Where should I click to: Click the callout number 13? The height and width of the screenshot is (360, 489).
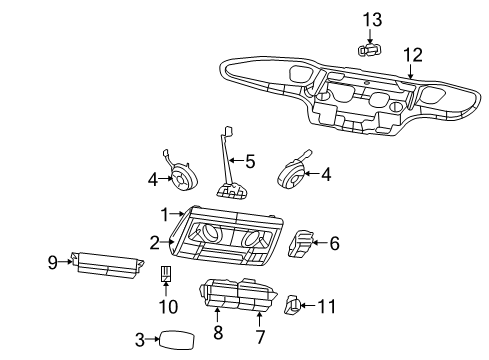click(372, 20)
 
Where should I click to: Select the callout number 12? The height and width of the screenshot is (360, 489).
click(413, 55)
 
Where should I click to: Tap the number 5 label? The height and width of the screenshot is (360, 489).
click(250, 161)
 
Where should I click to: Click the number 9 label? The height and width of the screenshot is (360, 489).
click(53, 262)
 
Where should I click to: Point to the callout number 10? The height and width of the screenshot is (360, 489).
click(168, 307)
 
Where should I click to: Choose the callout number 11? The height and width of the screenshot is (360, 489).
click(326, 306)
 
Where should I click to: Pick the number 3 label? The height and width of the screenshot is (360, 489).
click(140, 340)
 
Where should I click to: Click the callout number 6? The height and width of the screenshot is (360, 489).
click(334, 243)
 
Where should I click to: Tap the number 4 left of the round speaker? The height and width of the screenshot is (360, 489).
click(153, 180)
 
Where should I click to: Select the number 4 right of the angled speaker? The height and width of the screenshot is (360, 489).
click(326, 175)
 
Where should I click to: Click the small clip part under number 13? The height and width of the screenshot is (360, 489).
click(369, 50)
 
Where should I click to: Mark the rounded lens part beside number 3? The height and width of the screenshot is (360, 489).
click(177, 340)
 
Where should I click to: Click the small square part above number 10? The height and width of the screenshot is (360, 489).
click(166, 274)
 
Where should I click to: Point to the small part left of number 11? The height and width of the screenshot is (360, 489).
click(293, 305)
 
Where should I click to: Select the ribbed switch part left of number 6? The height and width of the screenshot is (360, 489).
click(301, 244)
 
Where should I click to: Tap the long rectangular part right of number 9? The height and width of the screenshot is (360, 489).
click(107, 265)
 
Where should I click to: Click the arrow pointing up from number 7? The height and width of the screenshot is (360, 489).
click(259, 319)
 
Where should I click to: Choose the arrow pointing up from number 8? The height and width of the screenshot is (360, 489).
click(217, 317)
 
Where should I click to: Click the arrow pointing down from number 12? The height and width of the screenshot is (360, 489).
click(410, 72)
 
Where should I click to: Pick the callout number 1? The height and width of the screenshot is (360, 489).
click(165, 215)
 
